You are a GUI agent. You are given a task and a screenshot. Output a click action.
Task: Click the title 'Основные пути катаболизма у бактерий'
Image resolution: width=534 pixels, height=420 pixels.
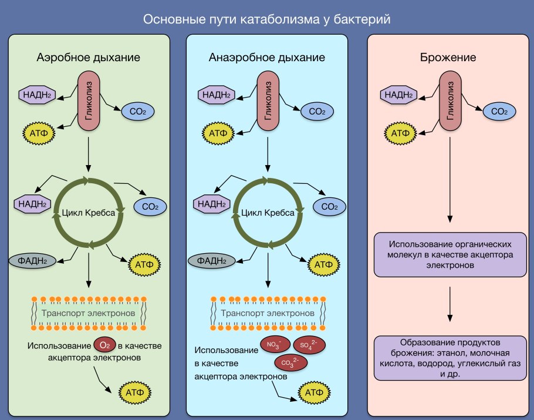[266, 19]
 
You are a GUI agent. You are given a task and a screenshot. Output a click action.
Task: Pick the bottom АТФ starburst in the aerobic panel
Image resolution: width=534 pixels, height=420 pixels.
[136, 391]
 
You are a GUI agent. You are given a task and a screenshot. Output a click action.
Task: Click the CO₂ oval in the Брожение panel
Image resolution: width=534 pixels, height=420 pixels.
[499, 110]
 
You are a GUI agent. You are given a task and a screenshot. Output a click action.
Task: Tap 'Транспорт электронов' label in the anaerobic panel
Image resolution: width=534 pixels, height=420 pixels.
[268, 313]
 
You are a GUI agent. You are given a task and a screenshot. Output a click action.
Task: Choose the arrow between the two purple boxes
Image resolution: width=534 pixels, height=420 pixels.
[449, 304]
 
